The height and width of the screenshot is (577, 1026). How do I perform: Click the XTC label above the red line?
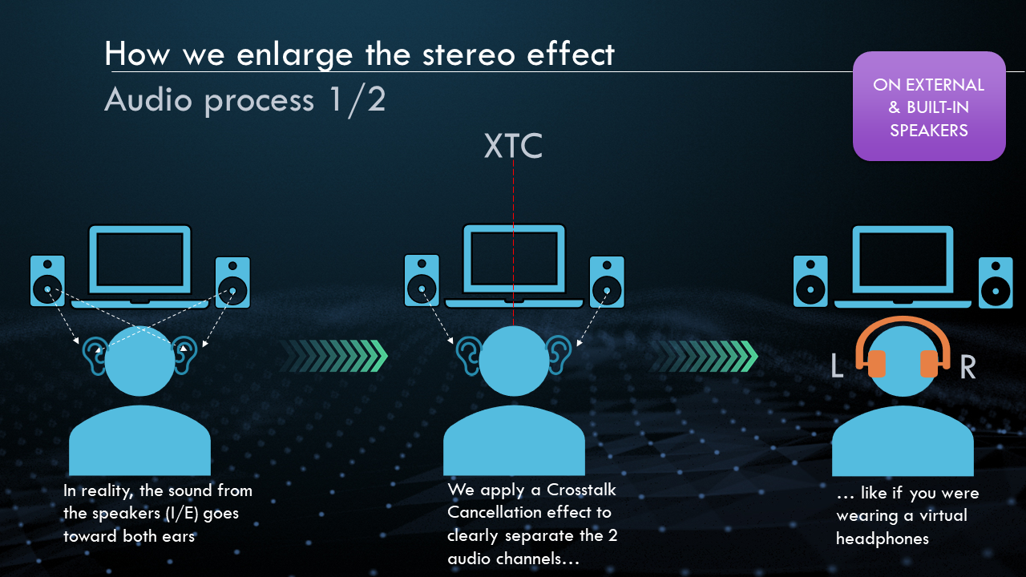click(x=513, y=146)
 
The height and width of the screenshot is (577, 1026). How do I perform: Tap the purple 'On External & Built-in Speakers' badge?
click(x=929, y=107)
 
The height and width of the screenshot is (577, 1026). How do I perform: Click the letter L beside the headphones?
click(x=838, y=366)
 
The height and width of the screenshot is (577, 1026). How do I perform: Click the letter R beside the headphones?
click(x=967, y=367)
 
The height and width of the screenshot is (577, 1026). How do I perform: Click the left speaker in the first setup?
click(x=47, y=280)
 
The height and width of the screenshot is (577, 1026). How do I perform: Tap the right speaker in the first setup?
click(x=232, y=282)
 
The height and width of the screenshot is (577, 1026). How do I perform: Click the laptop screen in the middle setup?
click(x=514, y=259)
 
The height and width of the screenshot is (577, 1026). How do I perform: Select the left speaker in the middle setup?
click(x=422, y=280)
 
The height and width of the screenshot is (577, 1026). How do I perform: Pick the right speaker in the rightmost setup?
click(x=996, y=283)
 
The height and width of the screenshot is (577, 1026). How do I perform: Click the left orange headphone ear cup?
click(x=876, y=364)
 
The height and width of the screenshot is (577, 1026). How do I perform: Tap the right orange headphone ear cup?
click(x=929, y=364)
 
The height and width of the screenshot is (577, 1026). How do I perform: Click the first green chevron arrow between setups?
click(x=333, y=356)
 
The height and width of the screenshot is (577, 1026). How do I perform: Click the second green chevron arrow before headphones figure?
click(x=704, y=356)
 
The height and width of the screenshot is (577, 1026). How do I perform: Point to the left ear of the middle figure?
click(x=468, y=356)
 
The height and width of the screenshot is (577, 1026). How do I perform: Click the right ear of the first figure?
click(x=184, y=356)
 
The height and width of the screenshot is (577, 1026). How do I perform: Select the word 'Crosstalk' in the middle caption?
click(x=581, y=490)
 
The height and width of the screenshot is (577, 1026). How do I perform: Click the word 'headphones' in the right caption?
click(x=883, y=539)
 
